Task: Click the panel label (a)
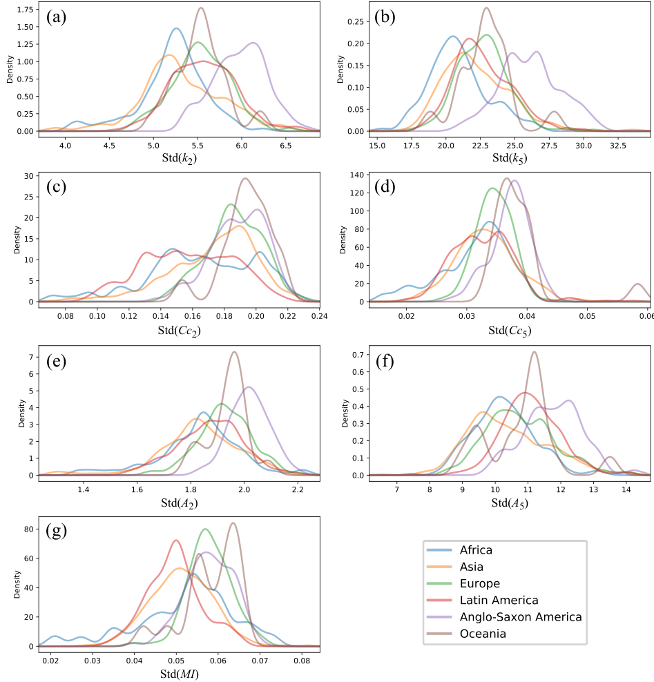[56, 17]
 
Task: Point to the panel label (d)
[385, 187]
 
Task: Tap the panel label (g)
[56, 531]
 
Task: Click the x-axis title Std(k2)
[180, 158]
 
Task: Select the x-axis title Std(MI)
[180, 674]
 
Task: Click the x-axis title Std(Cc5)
[510, 331]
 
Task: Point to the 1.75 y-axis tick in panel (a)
[26, 10]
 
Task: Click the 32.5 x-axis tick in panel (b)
[618, 145]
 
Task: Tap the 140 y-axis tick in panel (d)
[357, 175]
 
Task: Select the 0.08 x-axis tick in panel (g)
[302, 660]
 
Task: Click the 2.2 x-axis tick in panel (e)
[298, 489]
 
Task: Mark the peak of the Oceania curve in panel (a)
[200, 8]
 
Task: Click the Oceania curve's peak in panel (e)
[235, 352]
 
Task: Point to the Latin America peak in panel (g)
[176, 540]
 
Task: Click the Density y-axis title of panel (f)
[345, 413]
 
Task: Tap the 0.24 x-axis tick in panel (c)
[319, 316]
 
